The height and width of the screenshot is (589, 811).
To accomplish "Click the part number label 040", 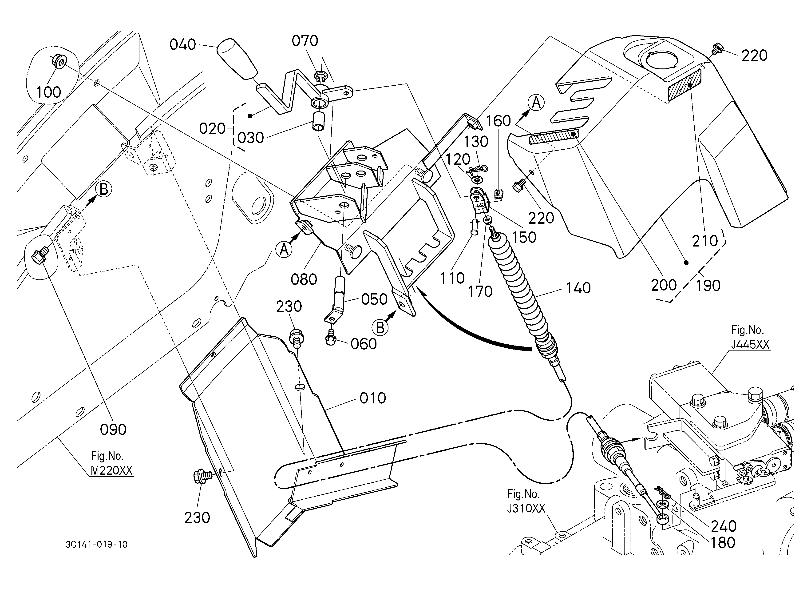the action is (x=183, y=45).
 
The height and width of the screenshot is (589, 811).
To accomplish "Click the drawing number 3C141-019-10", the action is (x=97, y=544).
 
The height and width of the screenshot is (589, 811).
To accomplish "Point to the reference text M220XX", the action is (x=111, y=470).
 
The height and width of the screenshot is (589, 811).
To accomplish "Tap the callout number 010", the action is (x=373, y=398).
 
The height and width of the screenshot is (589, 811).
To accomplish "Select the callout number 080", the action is (x=304, y=279).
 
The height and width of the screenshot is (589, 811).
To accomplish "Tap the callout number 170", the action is (x=480, y=291).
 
